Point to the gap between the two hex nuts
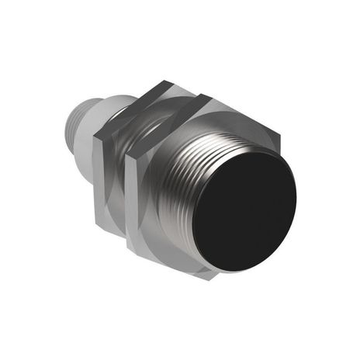126,182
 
